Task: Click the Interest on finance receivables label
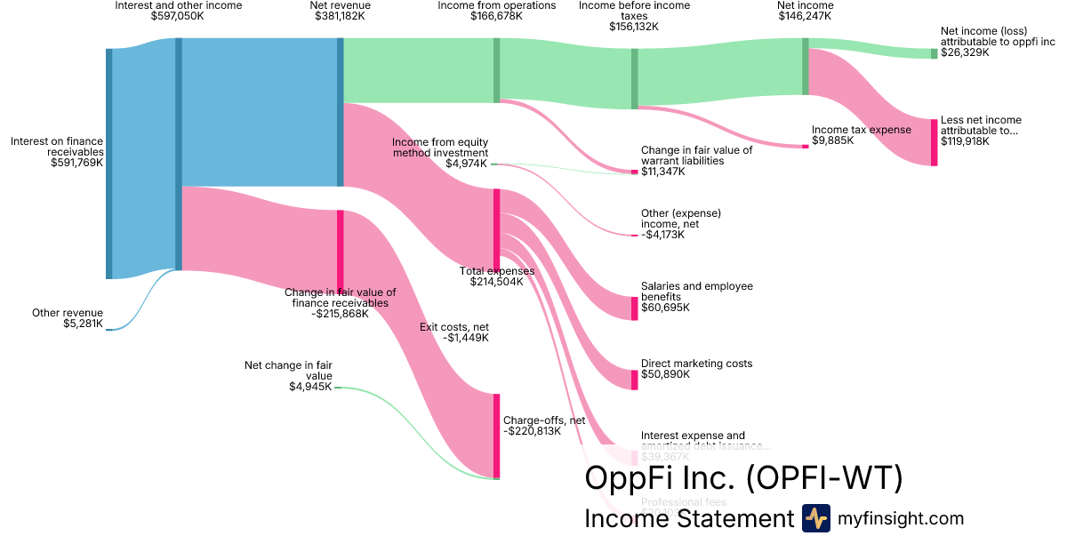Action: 57,151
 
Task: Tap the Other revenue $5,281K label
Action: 68,318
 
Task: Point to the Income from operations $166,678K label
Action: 496,12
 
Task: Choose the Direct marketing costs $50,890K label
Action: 696,369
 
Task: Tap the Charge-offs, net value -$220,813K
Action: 532,432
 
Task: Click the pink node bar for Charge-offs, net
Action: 496,436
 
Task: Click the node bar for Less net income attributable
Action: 934,142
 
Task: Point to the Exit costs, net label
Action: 453,332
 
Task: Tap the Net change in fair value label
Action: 288,375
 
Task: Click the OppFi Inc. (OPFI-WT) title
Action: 743,478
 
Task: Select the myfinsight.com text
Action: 901,518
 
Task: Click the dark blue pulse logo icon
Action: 815,518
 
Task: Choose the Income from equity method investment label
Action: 440,152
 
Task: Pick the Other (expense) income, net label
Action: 680,224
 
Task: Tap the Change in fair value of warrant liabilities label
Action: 696,161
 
